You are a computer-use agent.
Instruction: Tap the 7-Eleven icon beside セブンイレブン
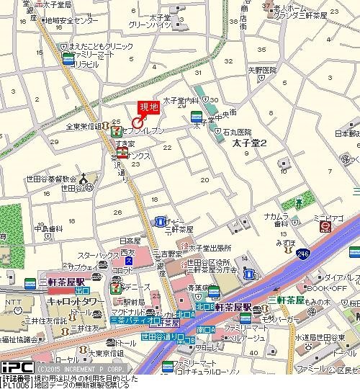(x=116, y=130)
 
